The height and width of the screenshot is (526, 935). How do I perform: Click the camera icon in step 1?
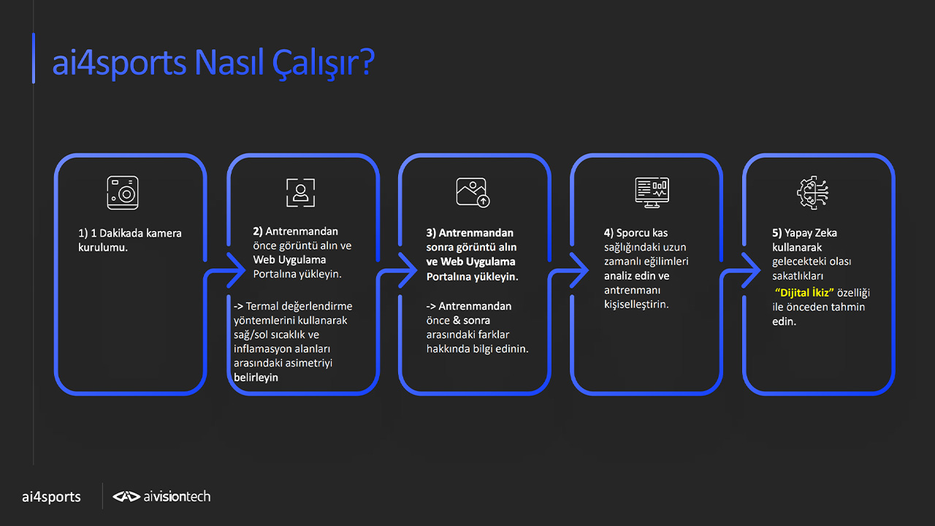(x=122, y=192)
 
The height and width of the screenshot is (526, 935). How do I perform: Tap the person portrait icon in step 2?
(x=300, y=192)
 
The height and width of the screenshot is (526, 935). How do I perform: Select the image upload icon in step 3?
(x=473, y=192)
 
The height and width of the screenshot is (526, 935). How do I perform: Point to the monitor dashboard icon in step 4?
(x=652, y=192)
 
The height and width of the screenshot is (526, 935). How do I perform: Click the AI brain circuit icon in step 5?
(x=812, y=192)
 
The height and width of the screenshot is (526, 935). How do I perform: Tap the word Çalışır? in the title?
(x=324, y=63)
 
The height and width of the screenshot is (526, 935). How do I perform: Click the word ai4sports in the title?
(x=119, y=64)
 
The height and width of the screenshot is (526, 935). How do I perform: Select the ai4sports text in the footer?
(x=51, y=497)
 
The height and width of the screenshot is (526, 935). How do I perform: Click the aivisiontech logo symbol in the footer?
(x=126, y=496)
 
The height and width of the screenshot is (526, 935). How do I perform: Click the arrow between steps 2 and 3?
(x=408, y=270)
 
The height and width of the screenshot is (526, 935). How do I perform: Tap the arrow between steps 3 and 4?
(x=579, y=270)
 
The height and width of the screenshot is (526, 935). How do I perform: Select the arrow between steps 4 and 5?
(x=751, y=270)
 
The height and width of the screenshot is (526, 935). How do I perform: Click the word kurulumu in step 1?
(x=102, y=248)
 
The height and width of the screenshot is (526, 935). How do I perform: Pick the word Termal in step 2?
(x=262, y=306)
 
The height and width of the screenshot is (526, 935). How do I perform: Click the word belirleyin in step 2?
(x=256, y=378)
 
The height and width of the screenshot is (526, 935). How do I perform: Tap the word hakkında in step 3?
(x=448, y=348)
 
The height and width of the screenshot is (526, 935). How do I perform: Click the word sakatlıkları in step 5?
(x=798, y=276)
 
